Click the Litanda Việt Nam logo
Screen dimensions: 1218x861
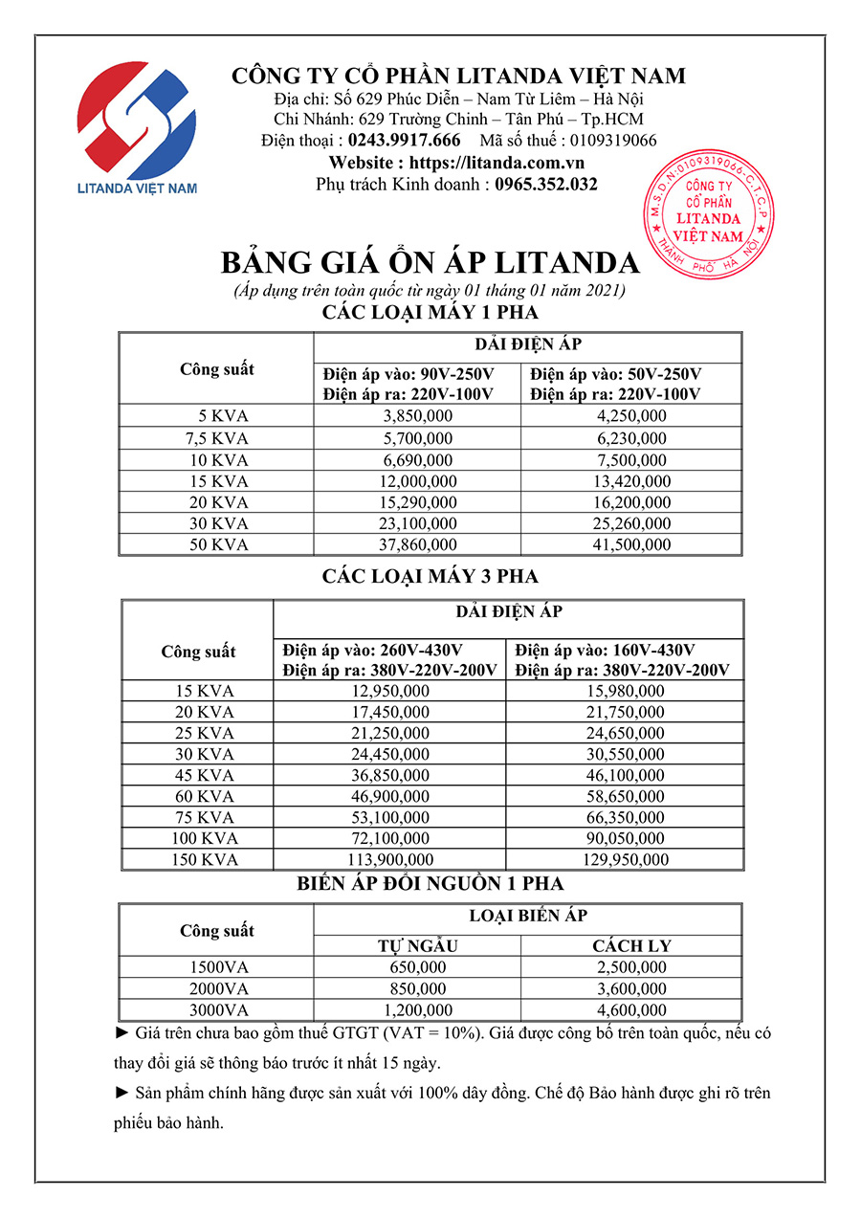point(137,126)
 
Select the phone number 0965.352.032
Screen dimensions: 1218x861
point(546,185)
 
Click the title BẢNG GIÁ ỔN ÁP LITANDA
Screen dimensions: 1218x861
point(430,263)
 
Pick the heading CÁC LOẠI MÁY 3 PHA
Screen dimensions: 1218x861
point(430,576)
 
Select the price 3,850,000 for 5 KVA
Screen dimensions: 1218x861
point(417,416)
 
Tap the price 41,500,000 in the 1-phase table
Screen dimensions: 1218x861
point(630,544)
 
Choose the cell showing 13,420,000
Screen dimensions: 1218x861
point(630,481)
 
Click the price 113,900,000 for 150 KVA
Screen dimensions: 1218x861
point(392,860)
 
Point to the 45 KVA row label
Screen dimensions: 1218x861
point(204,775)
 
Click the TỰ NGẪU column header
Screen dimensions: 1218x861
point(417,946)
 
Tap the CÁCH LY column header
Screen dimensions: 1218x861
point(631,946)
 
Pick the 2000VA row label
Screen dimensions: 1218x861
point(219,988)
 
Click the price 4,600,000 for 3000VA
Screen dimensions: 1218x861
point(630,1010)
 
